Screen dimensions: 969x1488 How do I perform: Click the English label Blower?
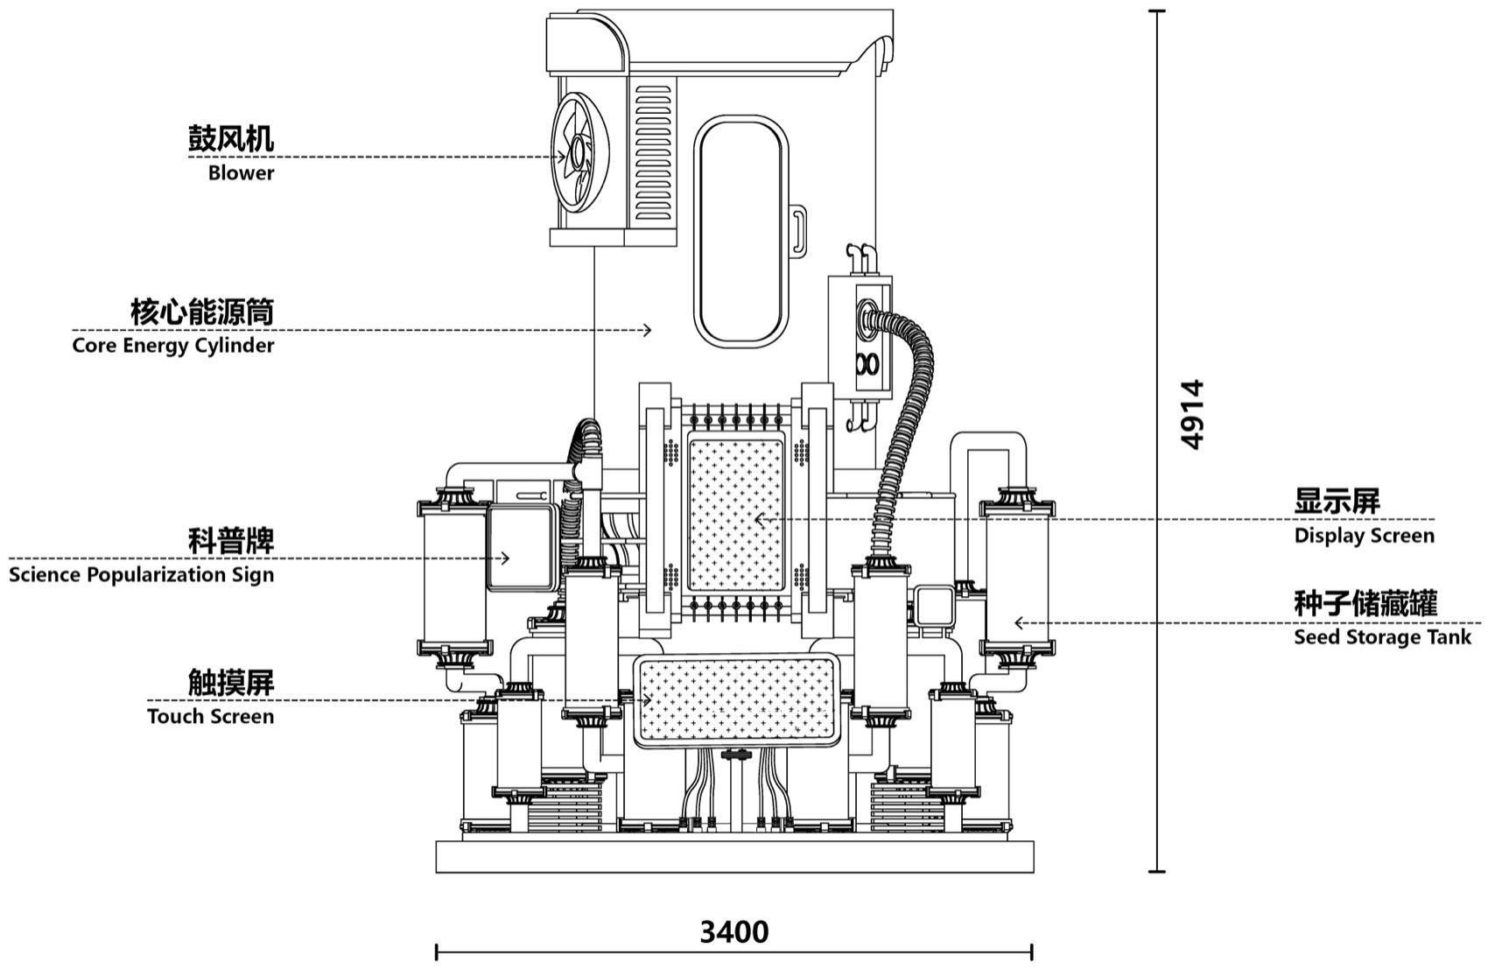coord(241,173)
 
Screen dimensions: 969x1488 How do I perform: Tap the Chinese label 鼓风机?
coord(231,138)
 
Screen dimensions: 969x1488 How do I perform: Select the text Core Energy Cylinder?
coord(173,346)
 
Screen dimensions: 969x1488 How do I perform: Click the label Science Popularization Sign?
coord(141,575)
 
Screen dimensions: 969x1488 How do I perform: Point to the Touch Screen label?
coord(210,717)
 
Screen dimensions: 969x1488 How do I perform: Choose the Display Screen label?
coord(1364,536)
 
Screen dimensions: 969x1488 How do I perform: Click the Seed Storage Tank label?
coord(1382,637)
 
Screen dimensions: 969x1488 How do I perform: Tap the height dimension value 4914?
coord(1192,414)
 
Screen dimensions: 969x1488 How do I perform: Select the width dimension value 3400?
coord(734,932)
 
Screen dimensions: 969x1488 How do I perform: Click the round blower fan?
coord(579,156)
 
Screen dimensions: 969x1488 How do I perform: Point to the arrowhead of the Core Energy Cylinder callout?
coord(647,330)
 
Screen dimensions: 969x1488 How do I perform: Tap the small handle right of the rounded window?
coord(797,230)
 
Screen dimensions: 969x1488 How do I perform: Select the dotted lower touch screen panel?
coord(736,700)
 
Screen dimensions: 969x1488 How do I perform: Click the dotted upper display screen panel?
coord(736,515)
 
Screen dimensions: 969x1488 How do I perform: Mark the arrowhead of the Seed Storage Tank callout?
coord(1018,623)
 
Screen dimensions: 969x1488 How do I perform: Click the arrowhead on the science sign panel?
coord(505,558)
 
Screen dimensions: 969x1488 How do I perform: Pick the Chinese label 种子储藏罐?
coord(1365,603)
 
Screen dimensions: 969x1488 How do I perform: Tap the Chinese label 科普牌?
coord(231,540)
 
